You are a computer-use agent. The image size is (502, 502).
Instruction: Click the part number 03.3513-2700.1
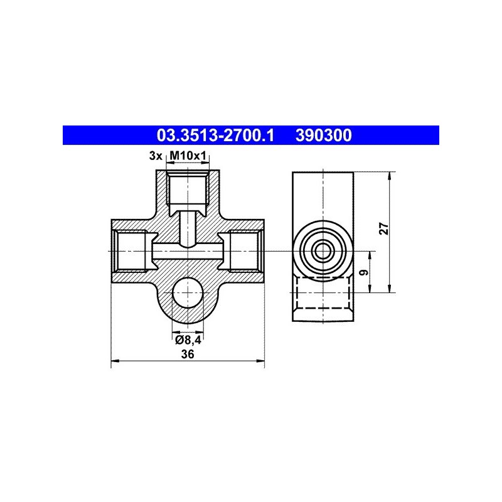pos(215,135)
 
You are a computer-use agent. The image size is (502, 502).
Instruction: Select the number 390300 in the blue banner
pos(323,135)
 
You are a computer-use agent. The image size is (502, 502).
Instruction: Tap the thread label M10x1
pos(187,156)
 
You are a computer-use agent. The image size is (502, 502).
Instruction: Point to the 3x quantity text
pos(156,156)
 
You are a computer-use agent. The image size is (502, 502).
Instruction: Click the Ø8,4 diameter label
pos(188,340)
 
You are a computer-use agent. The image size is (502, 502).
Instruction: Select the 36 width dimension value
pos(188,354)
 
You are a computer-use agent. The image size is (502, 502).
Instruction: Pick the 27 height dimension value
pos(384,228)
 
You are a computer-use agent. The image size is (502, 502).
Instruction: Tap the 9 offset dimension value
pos(365,273)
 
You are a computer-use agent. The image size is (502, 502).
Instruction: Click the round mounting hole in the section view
pos(188,292)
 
